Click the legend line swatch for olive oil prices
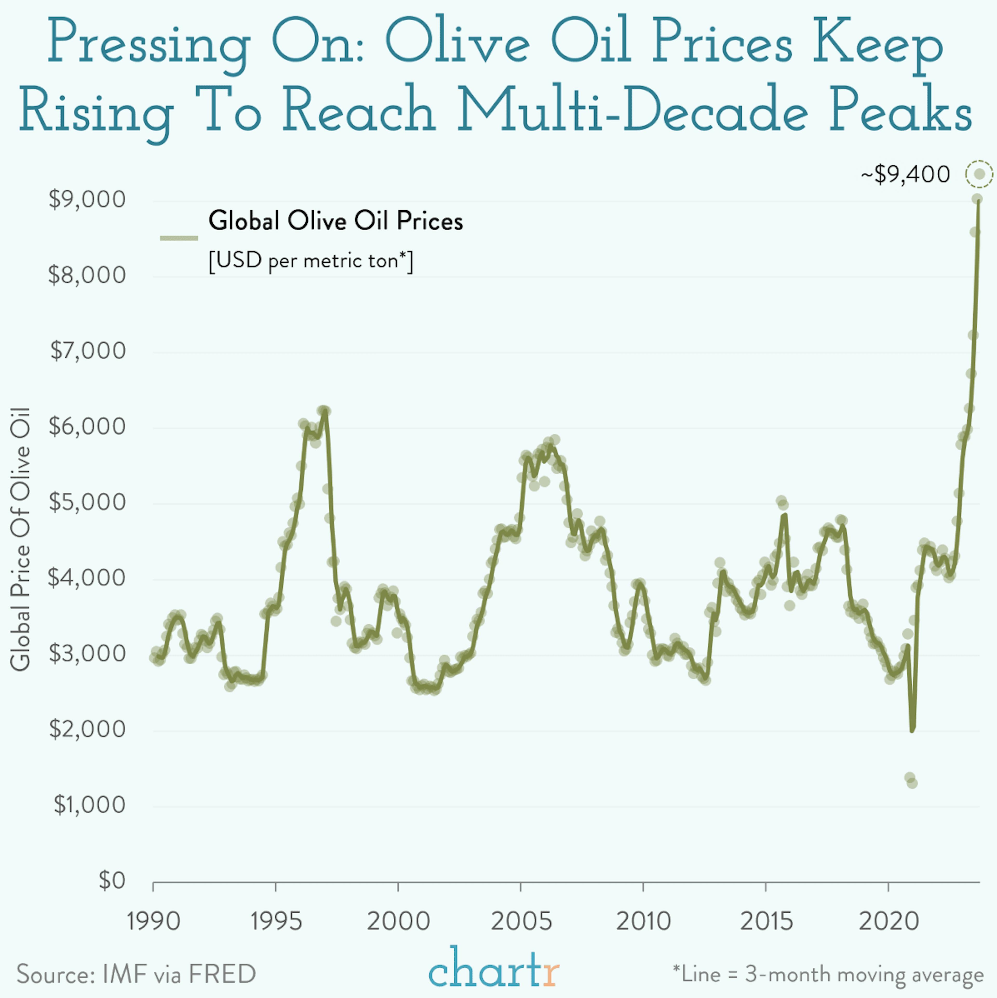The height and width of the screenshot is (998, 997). point(179,238)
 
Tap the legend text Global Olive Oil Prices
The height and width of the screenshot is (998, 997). point(335,221)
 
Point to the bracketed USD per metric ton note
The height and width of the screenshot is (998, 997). point(311,260)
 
